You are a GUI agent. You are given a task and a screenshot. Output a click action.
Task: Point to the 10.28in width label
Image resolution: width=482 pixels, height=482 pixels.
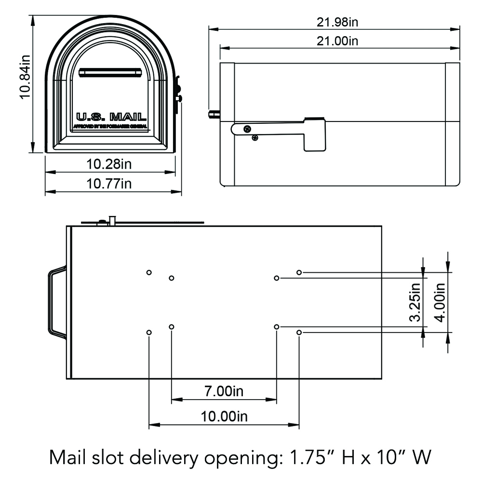pyautogui.click(x=109, y=164)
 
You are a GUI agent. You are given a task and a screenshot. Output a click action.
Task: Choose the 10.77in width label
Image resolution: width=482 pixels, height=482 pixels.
pyautogui.click(x=109, y=184)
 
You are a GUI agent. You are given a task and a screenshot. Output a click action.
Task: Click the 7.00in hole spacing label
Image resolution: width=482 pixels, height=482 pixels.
pyautogui.click(x=223, y=391)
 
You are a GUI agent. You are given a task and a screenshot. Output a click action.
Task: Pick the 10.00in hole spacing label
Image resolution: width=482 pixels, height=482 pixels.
pyautogui.click(x=223, y=416)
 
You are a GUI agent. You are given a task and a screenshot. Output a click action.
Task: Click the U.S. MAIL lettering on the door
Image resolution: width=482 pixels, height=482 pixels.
pyautogui.click(x=111, y=117)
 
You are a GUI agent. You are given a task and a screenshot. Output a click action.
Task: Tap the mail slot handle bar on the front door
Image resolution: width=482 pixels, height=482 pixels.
pyautogui.click(x=110, y=72)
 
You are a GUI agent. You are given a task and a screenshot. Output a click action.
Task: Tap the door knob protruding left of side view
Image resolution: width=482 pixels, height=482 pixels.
pyautogui.click(x=213, y=115)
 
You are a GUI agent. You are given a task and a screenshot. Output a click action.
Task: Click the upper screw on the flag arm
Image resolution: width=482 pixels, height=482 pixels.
pyautogui.click(x=247, y=129)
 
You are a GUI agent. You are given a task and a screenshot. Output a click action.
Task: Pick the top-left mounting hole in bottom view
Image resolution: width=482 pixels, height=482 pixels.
pyautogui.click(x=149, y=272)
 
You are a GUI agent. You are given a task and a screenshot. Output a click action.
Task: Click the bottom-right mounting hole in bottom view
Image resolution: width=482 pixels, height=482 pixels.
pyautogui.click(x=299, y=333)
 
